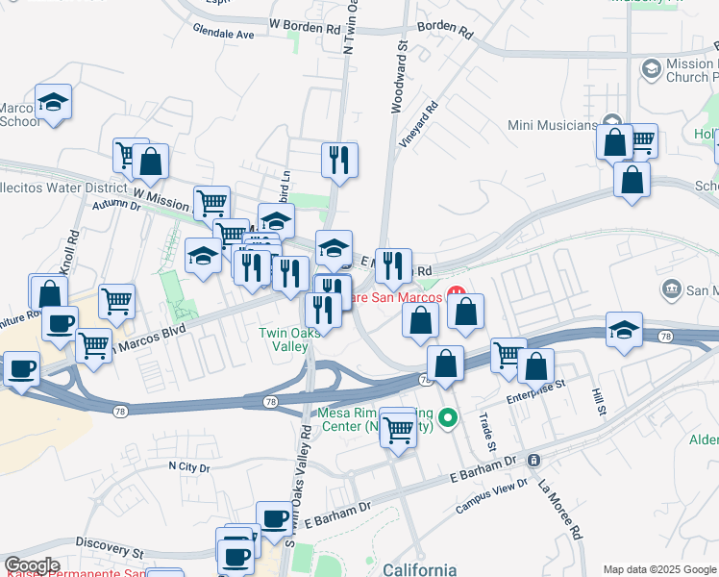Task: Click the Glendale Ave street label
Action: (223, 34)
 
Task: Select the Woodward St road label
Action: (398, 76)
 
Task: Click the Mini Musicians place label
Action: (553, 125)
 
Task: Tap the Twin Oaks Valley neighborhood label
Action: (285, 339)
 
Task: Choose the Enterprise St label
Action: (535, 389)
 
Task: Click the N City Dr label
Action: (188, 466)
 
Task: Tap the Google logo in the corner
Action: (32, 565)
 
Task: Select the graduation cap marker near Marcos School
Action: (54, 101)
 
